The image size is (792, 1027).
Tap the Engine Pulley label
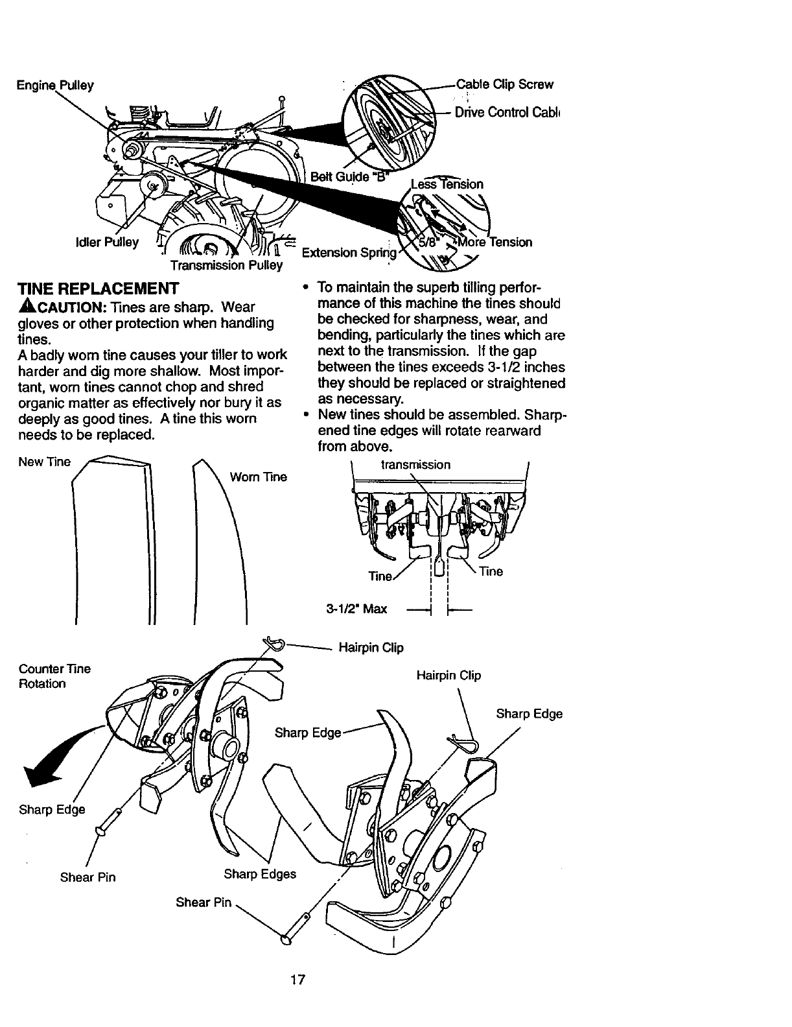(x=56, y=85)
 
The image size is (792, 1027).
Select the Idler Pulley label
(x=107, y=242)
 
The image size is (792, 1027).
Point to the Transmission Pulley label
(x=226, y=266)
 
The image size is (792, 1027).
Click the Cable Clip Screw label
(x=505, y=84)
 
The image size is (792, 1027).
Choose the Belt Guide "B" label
(x=348, y=176)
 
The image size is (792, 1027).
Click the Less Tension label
(x=447, y=184)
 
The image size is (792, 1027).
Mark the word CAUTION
(x=61, y=307)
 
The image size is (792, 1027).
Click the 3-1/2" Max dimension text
(x=356, y=609)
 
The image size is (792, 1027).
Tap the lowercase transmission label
(x=415, y=465)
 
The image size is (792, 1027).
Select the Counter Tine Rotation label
(x=54, y=676)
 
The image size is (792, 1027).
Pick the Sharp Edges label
(x=260, y=874)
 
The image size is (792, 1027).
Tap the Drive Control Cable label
(x=507, y=112)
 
